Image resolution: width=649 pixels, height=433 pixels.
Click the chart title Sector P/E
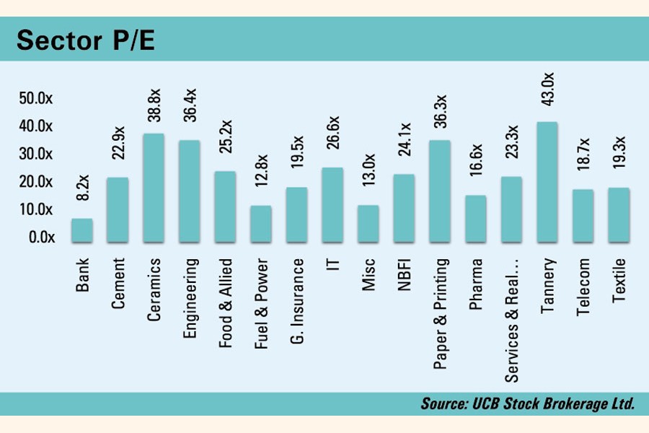[x=86, y=40]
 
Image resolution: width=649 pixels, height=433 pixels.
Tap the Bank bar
[x=81, y=230]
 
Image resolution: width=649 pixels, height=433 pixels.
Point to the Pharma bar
[x=475, y=219]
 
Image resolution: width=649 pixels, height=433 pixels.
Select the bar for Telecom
[x=583, y=216]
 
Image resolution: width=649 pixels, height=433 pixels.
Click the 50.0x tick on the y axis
[x=36, y=98]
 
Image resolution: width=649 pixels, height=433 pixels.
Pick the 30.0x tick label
[x=36, y=154]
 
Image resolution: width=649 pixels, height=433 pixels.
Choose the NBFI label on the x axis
[x=405, y=276]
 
